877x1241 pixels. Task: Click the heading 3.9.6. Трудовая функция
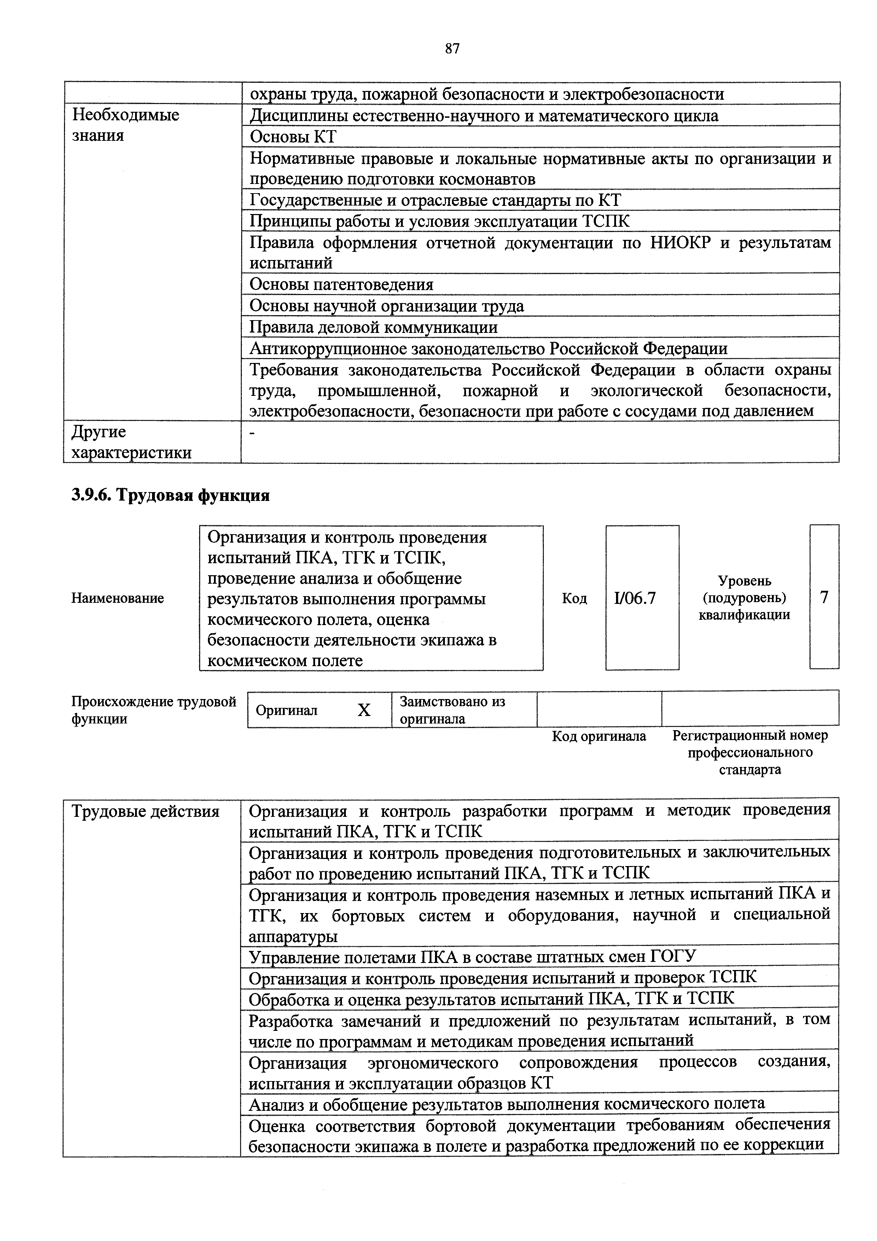click(171, 495)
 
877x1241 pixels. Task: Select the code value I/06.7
click(635, 598)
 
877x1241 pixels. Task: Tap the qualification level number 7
click(824, 597)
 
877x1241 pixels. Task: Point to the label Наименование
click(118, 598)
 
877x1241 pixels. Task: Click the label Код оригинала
click(599, 736)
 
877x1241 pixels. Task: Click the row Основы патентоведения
click(342, 284)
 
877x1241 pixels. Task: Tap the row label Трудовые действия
click(146, 811)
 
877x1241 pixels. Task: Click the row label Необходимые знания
click(126, 125)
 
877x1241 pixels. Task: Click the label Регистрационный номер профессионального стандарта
click(750, 752)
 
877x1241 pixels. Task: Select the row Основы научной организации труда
click(387, 306)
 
